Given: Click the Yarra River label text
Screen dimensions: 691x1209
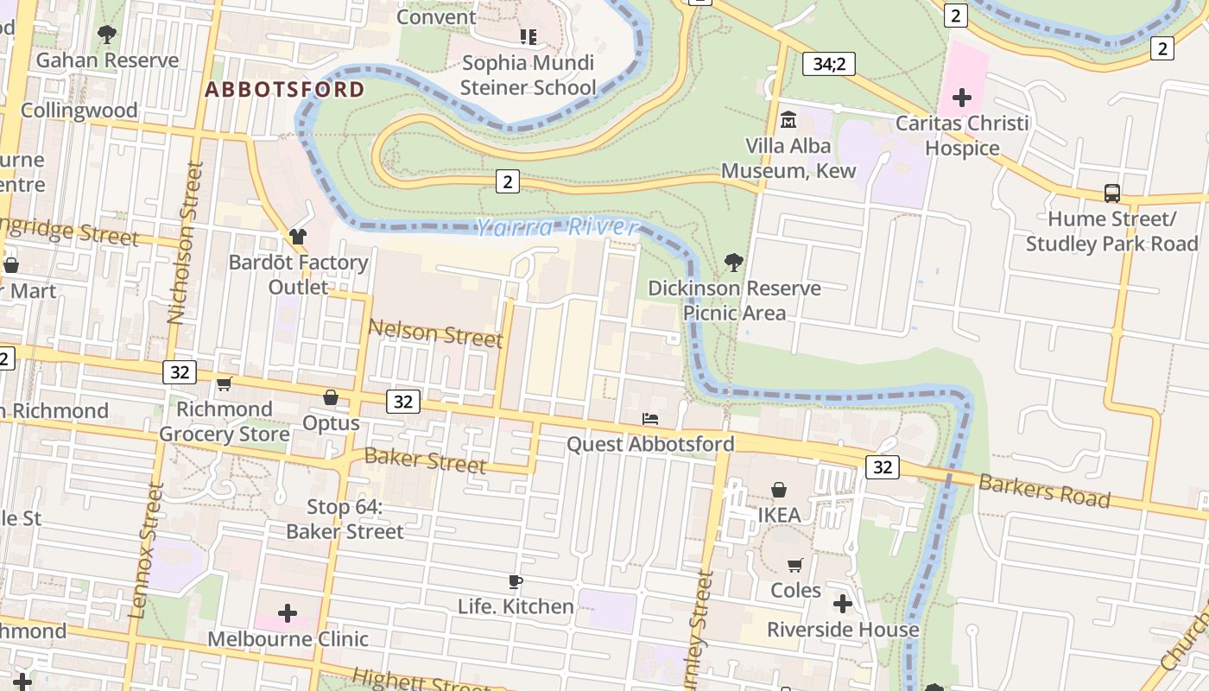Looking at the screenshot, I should click(558, 227).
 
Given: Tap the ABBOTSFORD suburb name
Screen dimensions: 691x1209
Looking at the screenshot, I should click(285, 89).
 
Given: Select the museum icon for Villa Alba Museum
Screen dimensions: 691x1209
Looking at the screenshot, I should click(788, 119).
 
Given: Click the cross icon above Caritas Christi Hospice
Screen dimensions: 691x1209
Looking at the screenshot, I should click(961, 98).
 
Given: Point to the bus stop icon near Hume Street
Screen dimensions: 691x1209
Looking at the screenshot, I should click(1112, 193).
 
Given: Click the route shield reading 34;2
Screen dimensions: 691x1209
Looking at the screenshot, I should click(828, 63).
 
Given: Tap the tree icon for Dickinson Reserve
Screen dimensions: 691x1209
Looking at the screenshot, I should click(733, 262).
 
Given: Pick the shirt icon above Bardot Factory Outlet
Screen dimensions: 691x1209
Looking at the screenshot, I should click(298, 236).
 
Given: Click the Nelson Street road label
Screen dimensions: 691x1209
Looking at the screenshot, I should click(435, 333).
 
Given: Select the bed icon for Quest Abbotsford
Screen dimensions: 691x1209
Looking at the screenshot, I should click(650, 419).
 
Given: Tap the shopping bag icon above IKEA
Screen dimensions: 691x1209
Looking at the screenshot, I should click(779, 490).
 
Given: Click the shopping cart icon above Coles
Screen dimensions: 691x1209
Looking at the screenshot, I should click(794, 565).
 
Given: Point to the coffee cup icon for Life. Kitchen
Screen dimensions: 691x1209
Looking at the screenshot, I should click(516, 581).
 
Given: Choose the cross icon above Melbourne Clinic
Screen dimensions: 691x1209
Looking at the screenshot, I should click(288, 613).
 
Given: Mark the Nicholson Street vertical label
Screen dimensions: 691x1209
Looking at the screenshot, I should click(185, 243).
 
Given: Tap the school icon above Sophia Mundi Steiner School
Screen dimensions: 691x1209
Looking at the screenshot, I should click(528, 37).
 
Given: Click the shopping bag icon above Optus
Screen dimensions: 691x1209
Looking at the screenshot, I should click(331, 397).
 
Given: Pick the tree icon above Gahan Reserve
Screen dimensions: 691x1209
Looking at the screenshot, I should click(107, 35).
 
